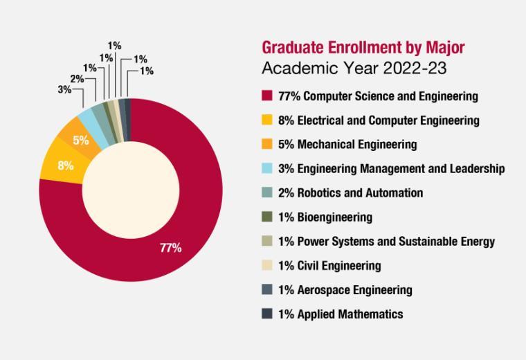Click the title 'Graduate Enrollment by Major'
pyautogui.click(x=363, y=47)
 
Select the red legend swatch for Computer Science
pyautogui.click(x=266, y=96)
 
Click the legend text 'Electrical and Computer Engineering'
pyautogui.click(x=388, y=120)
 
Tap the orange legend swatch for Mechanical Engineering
pyautogui.click(x=266, y=145)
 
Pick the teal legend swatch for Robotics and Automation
pyautogui.click(x=266, y=193)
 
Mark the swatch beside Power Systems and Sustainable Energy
pyautogui.click(x=266, y=242)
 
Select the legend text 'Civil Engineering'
pyautogui.click(x=339, y=266)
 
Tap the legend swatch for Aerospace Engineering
pyautogui.click(x=266, y=290)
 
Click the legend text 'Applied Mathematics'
pyautogui.click(x=350, y=314)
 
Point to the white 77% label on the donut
pyautogui.click(x=170, y=248)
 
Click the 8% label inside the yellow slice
pyautogui.click(x=66, y=166)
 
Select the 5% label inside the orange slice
pyautogui.click(x=81, y=141)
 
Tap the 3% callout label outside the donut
pyautogui.click(x=64, y=90)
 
